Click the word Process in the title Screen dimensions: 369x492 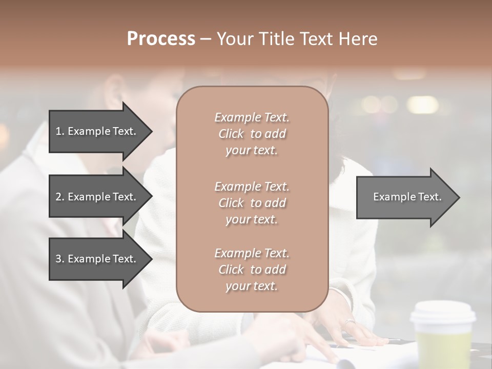(x=161, y=39)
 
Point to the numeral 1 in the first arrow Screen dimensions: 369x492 (x=58, y=131)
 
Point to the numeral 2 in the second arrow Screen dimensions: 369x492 (x=58, y=197)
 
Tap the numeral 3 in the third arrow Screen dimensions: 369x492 (x=58, y=259)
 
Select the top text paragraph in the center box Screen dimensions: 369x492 (x=252, y=134)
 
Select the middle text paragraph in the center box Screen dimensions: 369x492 (x=252, y=203)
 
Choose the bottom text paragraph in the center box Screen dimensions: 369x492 (x=252, y=270)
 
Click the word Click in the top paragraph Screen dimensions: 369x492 (x=231, y=134)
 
